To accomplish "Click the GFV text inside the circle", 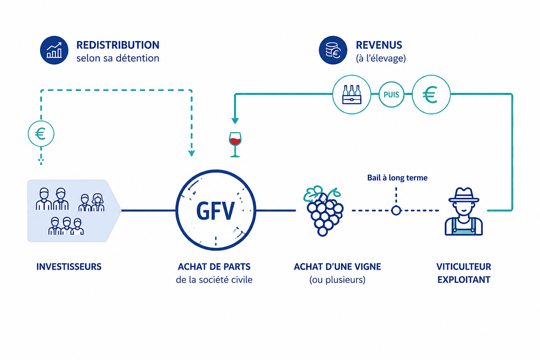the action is coord(215,211).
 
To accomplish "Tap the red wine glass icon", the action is coord(235,144).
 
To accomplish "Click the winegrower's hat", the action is coord(464,195).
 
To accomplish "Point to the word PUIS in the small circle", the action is coord(391,95).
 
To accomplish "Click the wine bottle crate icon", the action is coord(352,95).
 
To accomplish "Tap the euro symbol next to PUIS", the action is coord(430,95).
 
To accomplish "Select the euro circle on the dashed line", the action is coord(41,134).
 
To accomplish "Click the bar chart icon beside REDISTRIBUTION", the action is coord(54,50).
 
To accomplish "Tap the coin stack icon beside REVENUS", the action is coord(333,50).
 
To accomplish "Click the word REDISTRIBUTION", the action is coord(118,45).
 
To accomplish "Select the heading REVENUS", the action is coord(379,45).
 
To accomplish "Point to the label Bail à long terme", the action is coord(397,178).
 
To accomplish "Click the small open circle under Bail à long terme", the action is coord(396,211).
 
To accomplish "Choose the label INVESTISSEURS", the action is coord(69,267).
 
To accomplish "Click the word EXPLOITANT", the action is coord(464,280).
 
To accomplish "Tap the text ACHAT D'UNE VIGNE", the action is coord(337,267).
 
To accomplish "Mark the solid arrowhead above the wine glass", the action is coord(235,121).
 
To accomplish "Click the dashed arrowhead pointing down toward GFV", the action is coord(192,153).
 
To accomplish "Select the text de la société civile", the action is coord(214,280).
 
